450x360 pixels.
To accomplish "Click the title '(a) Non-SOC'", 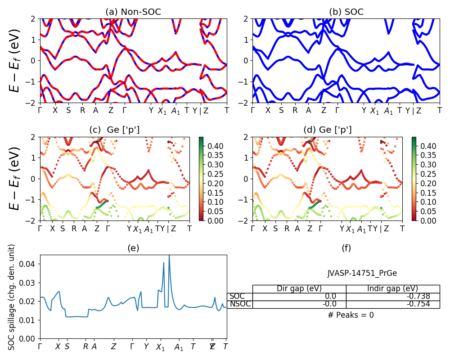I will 133,12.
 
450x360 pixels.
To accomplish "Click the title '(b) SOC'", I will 346,12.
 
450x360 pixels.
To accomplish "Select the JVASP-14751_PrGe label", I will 362,273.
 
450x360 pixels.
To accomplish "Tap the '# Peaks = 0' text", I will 351,315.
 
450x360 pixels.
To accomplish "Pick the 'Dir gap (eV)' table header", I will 299,289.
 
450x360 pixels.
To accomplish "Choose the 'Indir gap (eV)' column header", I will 392,289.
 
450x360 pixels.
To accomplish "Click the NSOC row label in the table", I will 240,304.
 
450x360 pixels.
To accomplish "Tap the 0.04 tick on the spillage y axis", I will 29,264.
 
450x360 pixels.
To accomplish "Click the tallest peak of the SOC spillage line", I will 169,256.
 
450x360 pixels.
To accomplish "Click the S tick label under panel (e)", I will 67,346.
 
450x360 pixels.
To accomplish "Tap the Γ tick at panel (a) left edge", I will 40,110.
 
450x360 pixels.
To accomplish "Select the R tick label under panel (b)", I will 295,110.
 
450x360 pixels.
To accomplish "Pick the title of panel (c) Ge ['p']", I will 114,130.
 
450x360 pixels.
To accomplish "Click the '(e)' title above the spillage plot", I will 133,248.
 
